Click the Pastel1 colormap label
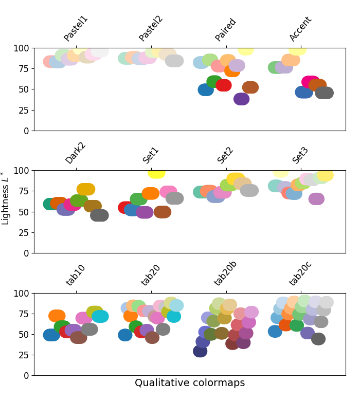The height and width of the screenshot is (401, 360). click(x=76, y=29)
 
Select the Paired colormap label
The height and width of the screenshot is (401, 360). click(x=226, y=30)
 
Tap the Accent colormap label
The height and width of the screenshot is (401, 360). click(x=301, y=29)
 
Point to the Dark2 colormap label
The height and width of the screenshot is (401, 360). click(x=76, y=153)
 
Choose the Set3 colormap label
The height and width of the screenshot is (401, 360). click(x=301, y=155)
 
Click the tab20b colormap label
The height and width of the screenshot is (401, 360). click(x=226, y=273)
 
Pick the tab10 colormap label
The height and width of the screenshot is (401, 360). click(x=76, y=275)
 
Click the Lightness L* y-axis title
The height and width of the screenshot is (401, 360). click(x=6, y=198)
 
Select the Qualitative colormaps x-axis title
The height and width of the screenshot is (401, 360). click(x=190, y=383)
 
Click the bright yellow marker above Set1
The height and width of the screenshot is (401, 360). click(x=156, y=172)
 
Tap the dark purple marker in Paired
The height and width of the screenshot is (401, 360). click(x=242, y=99)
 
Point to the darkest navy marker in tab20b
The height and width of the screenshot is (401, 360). click(x=200, y=351)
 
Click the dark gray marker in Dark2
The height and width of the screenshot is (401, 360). click(x=99, y=215)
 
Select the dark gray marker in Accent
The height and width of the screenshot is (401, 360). click(x=325, y=93)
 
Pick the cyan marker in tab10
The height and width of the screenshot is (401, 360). click(x=100, y=317)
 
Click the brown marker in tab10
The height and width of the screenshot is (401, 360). click(x=78, y=338)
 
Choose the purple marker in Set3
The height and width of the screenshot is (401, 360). click(x=316, y=199)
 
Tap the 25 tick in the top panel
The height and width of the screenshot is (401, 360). click(x=25, y=110)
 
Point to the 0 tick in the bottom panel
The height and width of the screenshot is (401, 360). click(x=27, y=376)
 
